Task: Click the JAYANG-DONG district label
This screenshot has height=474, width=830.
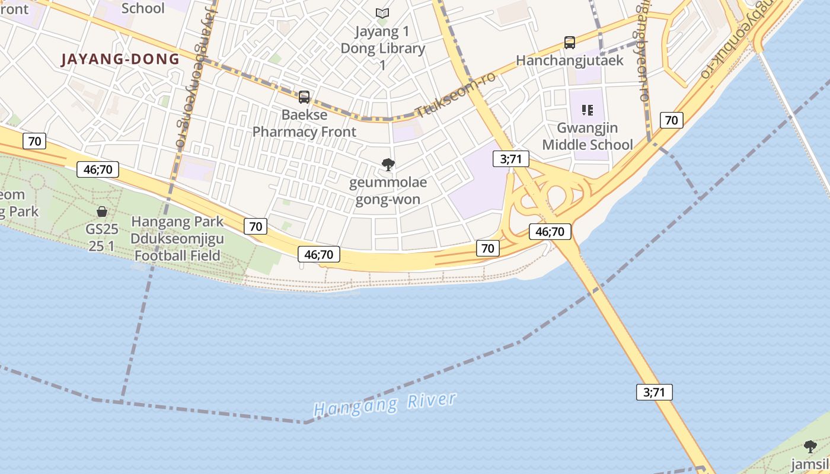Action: click(120, 59)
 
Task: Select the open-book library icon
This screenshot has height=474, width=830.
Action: click(382, 12)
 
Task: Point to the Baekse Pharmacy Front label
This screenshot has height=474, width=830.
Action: click(304, 123)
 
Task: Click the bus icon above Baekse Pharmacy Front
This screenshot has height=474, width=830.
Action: click(304, 97)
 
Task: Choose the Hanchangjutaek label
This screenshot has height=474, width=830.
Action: click(569, 60)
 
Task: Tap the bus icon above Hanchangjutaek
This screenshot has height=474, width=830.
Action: click(570, 42)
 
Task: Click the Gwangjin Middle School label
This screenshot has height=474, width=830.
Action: click(588, 136)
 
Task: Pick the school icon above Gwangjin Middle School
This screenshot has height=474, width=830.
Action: click(588, 110)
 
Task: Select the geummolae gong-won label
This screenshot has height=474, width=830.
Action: click(388, 191)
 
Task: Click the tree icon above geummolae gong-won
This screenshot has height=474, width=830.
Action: click(388, 164)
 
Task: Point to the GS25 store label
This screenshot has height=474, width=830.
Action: click(102, 238)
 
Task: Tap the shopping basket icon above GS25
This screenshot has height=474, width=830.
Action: click(102, 211)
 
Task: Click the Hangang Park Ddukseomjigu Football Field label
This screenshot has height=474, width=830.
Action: click(177, 238)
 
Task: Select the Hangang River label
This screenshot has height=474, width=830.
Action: click(385, 405)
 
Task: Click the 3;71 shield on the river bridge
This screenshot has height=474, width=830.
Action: click(655, 392)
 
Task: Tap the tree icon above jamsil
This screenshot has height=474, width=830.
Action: click(810, 446)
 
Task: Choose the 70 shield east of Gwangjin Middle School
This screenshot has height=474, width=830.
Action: click(671, 120)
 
